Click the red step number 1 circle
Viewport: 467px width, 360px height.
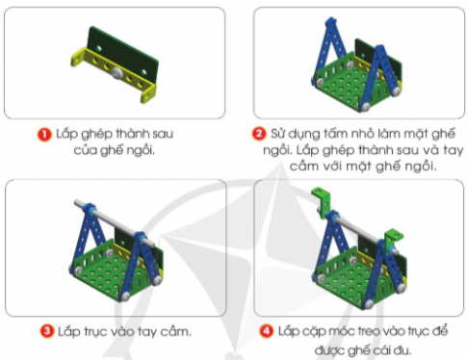pos(44,133)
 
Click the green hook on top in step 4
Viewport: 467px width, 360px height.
pos(321,202)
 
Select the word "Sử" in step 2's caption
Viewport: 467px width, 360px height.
pos(280,133)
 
